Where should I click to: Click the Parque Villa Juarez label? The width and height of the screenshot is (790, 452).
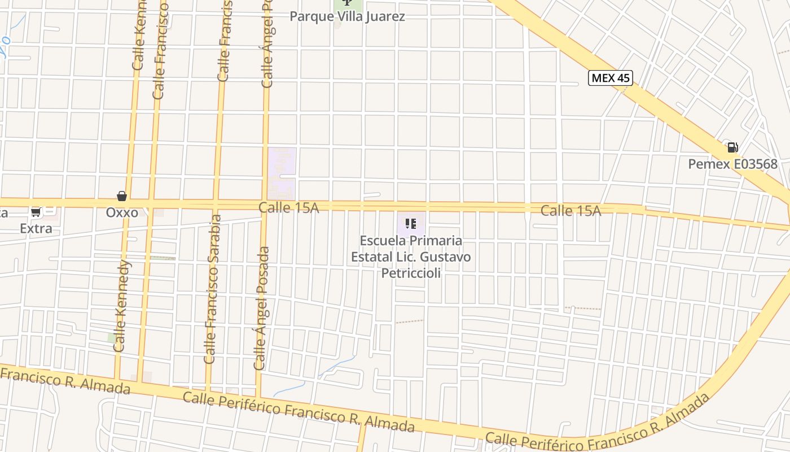(347, 16)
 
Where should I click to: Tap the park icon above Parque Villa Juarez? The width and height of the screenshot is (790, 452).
(346, 3)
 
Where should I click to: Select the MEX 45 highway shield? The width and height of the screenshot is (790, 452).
(610, 78)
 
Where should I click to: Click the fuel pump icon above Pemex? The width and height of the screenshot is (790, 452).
(732, 147)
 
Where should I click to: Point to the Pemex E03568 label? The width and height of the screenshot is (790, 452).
(732, 164)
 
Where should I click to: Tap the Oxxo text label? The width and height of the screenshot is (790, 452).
(122, 212)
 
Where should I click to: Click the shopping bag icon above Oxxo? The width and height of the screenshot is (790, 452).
(122, 196)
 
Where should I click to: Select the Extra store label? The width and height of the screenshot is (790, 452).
(36, 228)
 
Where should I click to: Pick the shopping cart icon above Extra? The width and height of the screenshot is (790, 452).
(36, 212)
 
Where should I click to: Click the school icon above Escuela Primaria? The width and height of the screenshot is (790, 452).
(411, 224)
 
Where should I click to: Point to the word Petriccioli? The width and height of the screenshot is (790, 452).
(411, 273)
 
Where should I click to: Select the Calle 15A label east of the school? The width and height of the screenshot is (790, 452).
(570, 211)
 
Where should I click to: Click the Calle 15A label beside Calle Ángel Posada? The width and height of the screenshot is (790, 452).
(288, 208)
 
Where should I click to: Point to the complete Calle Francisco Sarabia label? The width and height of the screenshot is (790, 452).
(211, 288)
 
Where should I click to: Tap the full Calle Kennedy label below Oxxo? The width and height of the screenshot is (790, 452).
(122, 305)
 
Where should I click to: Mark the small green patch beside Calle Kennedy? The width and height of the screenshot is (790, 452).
(112, 337)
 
